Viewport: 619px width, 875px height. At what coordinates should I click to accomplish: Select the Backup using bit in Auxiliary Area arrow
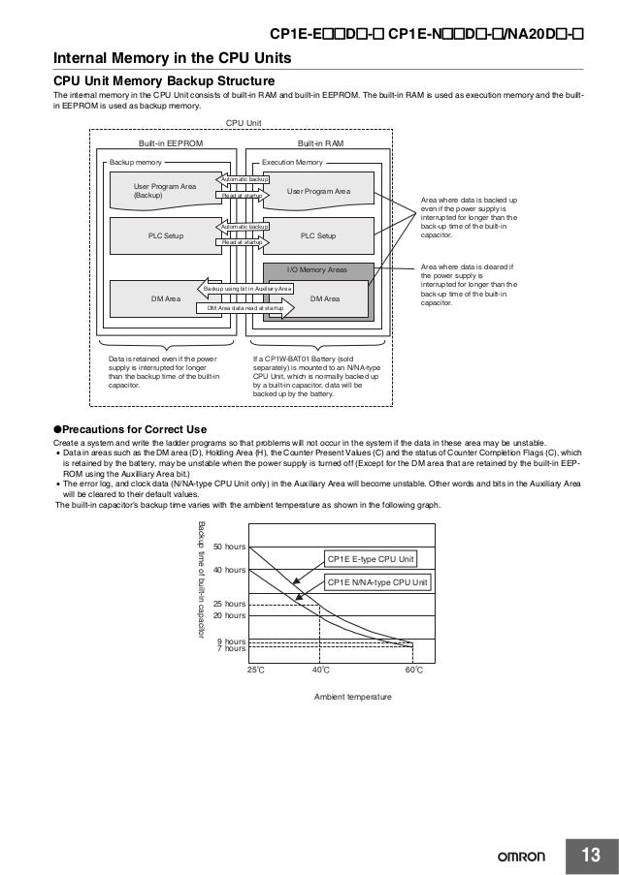[x=247, y=289]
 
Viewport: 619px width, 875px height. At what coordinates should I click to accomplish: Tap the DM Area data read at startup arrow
[x=246, y=307]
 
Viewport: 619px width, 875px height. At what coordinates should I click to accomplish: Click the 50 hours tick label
[x=230, y=548]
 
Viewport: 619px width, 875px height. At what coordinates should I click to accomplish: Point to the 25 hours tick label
[x=230, y=604]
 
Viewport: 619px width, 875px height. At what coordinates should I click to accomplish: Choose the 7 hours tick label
[x=230, y=648]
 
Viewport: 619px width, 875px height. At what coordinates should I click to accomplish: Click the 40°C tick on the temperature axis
[x=320, y=670]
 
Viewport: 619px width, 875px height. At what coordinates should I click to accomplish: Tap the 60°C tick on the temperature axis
[x=412, y=670]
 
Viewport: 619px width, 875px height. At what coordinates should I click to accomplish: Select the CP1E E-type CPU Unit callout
[x=372, y=560]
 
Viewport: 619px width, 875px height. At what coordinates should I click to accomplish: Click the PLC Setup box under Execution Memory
[x=318, y=235]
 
